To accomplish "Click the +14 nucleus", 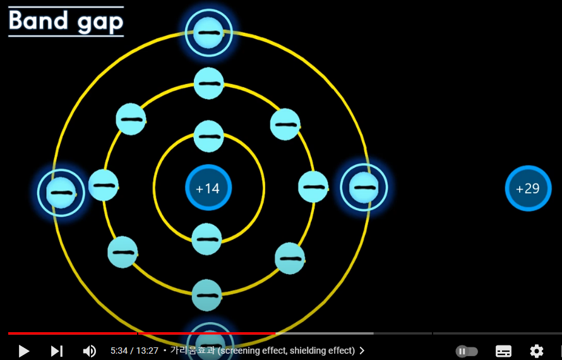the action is (x=208, y=188).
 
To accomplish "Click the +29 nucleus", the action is (x=528, y=188).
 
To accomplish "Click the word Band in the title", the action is (x=39, y=21).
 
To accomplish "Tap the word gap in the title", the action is (x=100, y=23).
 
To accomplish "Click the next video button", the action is (x=57, y=351).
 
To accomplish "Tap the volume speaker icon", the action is (x=90, y=351).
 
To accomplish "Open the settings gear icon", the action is (x=536, y=351).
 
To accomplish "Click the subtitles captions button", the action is (x=503, y=351).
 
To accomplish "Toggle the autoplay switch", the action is (x=467, y=351).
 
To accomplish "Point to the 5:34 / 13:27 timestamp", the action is (x=134, y=351).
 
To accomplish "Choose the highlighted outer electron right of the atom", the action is (x=364, y=188).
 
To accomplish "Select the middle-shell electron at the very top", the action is (x=208, y=83).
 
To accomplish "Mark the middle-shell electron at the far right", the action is (x=313, y=187).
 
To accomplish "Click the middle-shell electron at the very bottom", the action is (x=207, y=295).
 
